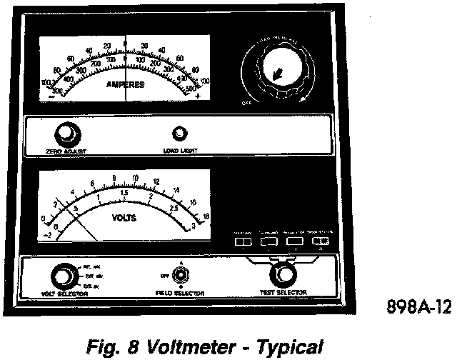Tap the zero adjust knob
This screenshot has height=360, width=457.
tap(66, 134)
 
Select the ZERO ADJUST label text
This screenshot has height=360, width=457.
tap(67, 151)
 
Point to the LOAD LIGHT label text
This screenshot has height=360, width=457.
tap(179, 151)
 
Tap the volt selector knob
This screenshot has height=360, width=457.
tap(62, 276)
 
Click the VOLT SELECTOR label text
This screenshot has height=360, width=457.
tap(61, 294)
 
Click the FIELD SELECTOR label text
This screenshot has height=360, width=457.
tap(181, 294)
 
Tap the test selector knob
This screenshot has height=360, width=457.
tap(283, 274)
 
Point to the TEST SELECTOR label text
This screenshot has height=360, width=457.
tap(283, 293)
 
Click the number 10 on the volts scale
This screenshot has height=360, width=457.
tap(134, 179)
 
